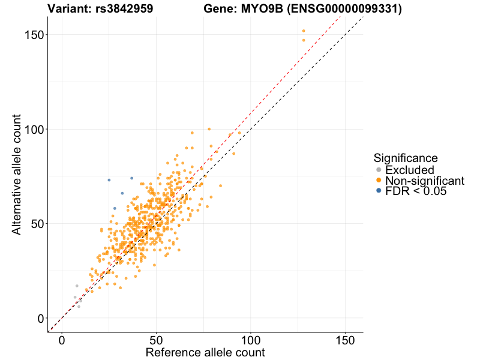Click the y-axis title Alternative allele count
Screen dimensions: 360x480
[x=17, y=174]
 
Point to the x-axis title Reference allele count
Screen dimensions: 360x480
[x=205, y=352]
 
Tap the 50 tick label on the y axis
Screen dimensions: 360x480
[x=37, y=223]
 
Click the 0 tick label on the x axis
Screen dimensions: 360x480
[x=62, y=340]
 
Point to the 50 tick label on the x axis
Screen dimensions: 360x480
[x=156, y=340]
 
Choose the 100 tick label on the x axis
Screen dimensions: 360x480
[x=251, y=340]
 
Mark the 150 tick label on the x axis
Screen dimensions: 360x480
[x=345, y=340]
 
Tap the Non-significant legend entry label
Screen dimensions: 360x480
[x=425, y=181]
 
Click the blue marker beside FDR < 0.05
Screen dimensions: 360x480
[x=378, y=191]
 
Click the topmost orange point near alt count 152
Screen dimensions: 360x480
[x=304, y=31]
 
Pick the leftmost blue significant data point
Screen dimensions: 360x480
[x=109, y=180]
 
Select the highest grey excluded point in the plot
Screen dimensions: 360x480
[x=77, y=286]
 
